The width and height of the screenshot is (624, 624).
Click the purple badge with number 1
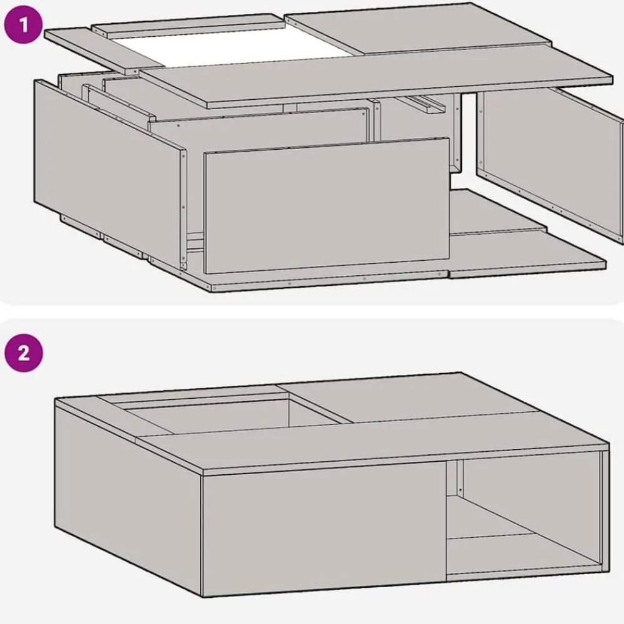[x=23, y=25]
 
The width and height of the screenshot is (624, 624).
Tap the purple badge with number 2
[x=24, y=353]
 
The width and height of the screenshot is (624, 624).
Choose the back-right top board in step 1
[x=418, y=29]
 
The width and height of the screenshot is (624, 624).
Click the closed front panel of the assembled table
[x=324, y=529]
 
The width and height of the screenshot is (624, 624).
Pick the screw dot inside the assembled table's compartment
[x=461, y=490]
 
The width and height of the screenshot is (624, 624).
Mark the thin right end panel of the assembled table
[x=605, y=511]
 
